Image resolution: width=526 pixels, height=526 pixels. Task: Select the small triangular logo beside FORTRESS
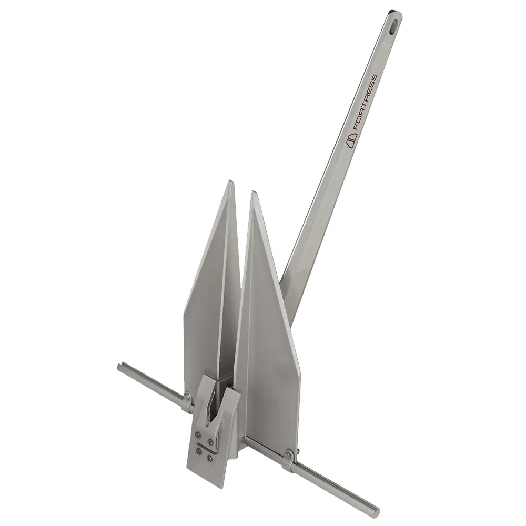point(351,140)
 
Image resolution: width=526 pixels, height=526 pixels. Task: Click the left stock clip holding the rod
point(187,402)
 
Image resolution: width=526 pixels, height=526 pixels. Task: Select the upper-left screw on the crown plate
point(198,434)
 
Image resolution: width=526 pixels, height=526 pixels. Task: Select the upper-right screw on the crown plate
point(210,441)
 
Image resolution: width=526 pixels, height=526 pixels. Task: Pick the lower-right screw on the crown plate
point(209,458)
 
